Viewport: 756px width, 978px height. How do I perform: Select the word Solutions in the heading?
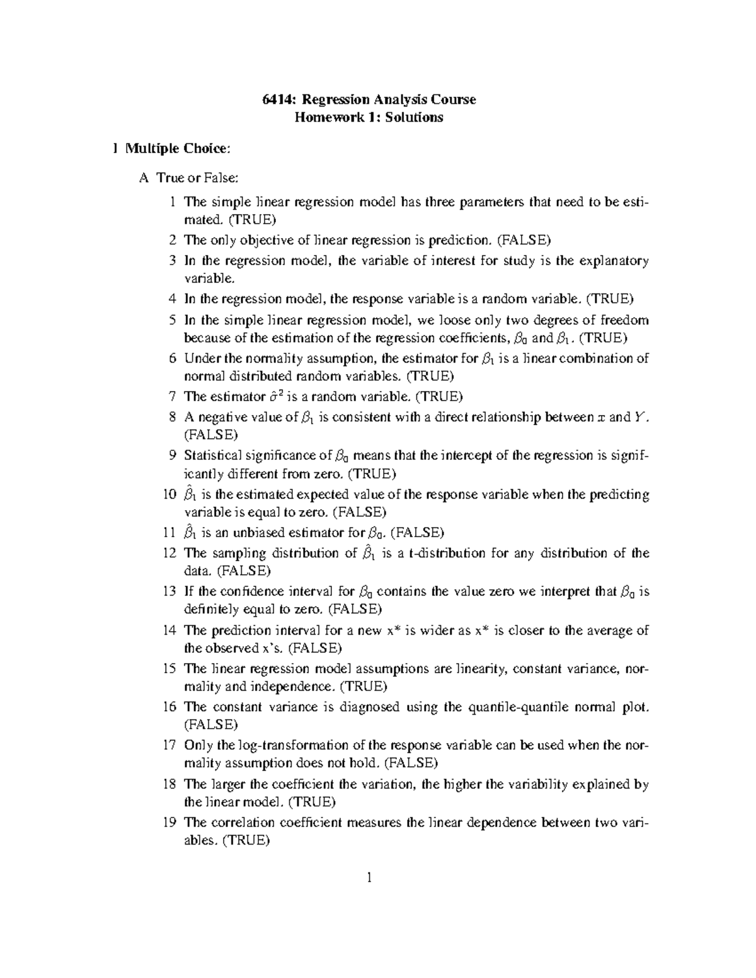[x=416, y=117]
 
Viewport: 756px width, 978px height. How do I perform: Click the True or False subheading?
[x=197, y=178]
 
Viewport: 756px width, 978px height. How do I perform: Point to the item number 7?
[x=173, y=397]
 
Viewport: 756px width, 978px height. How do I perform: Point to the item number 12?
[x=169, y=554]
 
